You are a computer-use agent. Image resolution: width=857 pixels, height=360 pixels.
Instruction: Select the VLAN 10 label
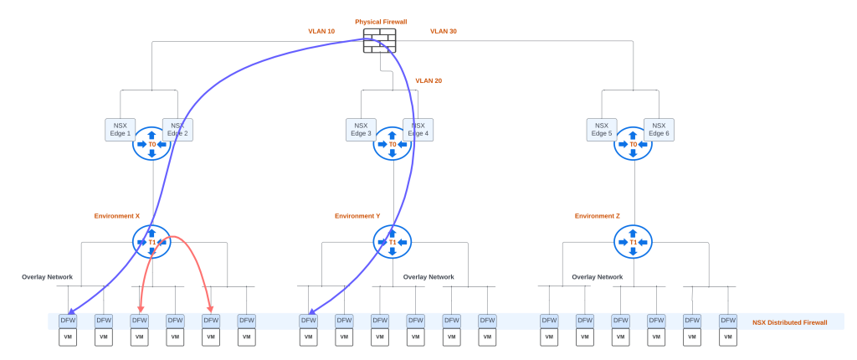click(321, 31)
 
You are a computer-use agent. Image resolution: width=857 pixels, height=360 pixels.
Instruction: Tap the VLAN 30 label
click(444, 31)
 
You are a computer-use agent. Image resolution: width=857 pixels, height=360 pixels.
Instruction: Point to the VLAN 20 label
click(428, 80)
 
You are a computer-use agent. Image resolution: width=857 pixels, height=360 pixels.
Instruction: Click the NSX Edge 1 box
click(118, 129)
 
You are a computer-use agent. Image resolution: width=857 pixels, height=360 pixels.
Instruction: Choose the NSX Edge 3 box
click(359, 129)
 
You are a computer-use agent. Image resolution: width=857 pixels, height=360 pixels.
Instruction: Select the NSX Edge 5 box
click(601, 129)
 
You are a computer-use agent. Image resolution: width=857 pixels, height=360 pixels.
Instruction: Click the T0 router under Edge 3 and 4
click(393, 144)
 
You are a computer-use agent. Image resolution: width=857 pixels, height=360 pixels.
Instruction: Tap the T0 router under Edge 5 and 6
click(633, 144)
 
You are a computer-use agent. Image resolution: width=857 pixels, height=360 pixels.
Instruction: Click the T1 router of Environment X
click(151, 242)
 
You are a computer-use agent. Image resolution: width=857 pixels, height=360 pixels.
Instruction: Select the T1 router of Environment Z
click(633, 242)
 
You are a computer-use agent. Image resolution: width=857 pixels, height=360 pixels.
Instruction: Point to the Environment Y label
click(357, 216)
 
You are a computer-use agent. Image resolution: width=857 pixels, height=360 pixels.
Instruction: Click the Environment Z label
click(598, 216)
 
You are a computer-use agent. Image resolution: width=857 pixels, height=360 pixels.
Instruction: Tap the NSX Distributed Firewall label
click(789, 322)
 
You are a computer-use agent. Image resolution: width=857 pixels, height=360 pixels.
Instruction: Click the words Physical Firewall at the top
click(380, 22)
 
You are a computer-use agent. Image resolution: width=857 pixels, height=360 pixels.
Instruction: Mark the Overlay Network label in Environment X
click(47, 276)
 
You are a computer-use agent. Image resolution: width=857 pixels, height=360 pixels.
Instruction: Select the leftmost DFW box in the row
click(68, 320)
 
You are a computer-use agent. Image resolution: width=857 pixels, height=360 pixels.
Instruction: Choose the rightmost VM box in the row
click(728, 337)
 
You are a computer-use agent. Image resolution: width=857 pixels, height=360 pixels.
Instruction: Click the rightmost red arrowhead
click(210, 309)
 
